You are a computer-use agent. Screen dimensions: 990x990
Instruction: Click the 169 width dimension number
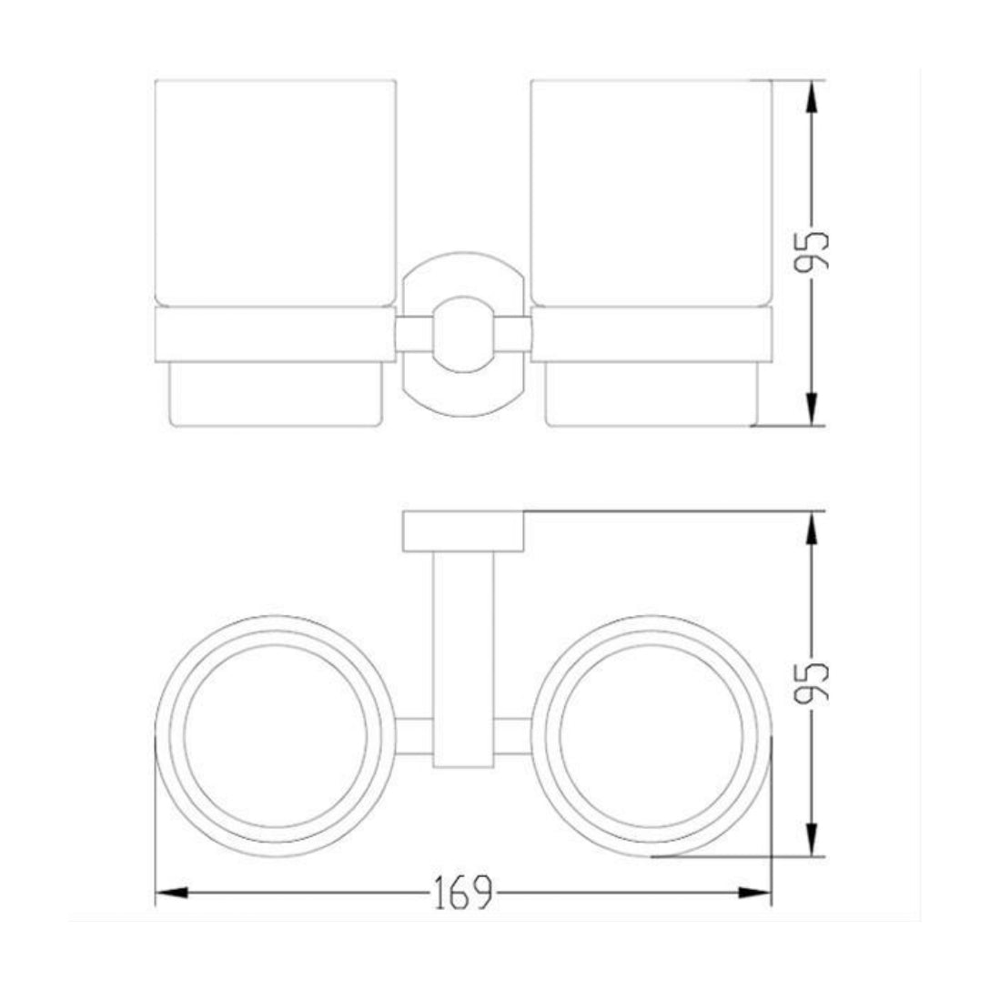tap(463, 893)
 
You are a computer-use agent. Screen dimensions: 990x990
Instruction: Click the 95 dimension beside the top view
tap(812, 683)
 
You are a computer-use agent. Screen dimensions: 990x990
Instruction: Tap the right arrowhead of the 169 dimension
tap(755, 893)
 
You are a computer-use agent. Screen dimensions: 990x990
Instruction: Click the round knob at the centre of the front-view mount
tap(463, 334)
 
